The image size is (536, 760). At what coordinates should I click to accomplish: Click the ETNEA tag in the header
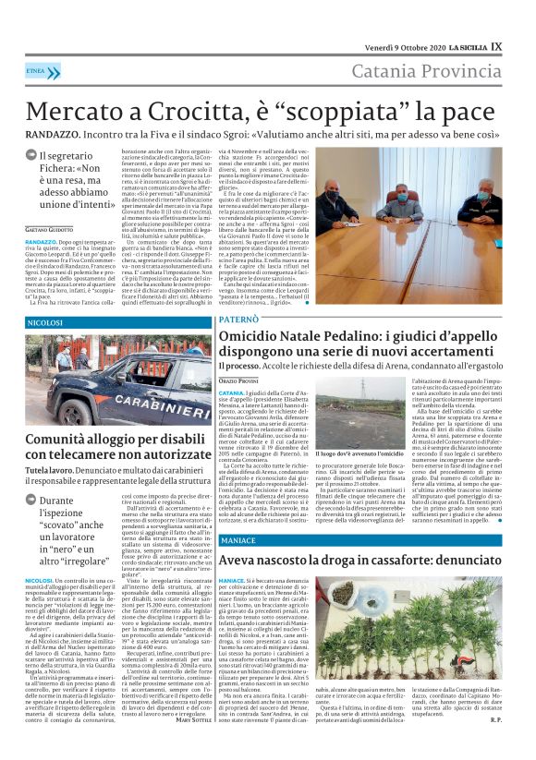(36, 70)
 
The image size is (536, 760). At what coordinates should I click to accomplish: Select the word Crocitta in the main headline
(172, 112)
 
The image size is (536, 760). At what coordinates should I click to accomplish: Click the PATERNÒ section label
(239, 319)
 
